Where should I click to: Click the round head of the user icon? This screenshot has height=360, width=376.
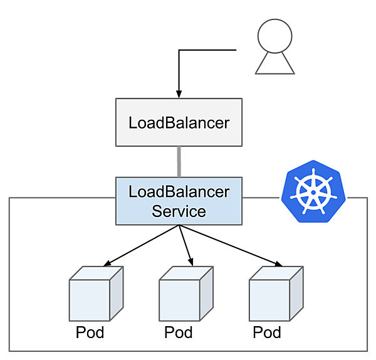click(x=274, y=40)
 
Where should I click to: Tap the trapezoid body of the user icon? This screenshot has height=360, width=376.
click(x=274, y=65)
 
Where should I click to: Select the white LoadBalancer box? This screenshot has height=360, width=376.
click(x=179, y=122)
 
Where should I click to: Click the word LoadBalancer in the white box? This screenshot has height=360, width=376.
click(x=179, y=122)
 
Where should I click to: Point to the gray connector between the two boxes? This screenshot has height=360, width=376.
click(x=179, y=162)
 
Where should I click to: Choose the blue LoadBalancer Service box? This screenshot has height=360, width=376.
click(x=179, y=201)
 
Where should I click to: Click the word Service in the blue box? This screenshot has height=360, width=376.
click(x=179, y=211)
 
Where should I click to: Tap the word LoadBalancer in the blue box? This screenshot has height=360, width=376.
click(x=179, y=191)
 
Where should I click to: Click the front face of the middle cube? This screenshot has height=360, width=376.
click(x=179, y=300)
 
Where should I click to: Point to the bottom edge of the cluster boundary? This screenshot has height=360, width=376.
click(x=188, y=349)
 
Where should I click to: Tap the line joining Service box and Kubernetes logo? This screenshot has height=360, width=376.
click(x=260, y=198)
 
